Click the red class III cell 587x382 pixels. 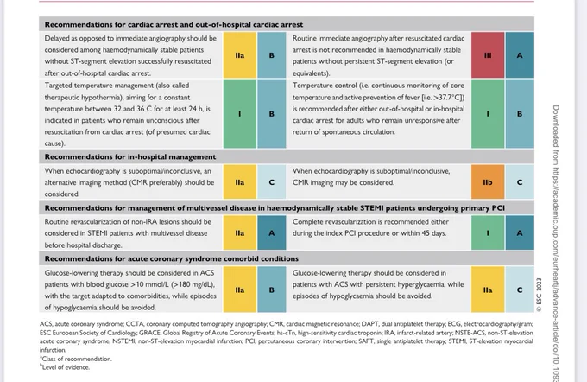pos(488,55)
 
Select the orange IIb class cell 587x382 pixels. pos(488,182)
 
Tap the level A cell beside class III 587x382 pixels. pos(520,55)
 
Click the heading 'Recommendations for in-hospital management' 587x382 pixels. pos(130,156)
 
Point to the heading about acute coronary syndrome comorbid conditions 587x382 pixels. pos(172,258)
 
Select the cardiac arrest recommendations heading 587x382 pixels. pos(174,25)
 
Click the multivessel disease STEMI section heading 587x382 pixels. pos(275,208)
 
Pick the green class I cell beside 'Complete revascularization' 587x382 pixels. pos(488,232)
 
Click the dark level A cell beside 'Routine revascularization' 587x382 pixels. pos(271,232)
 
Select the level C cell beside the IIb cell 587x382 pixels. pos(520,182)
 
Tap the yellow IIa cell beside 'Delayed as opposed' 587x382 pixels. pos(240,55)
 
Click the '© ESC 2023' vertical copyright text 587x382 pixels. pos(539,295)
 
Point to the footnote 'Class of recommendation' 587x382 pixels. pos(76,359)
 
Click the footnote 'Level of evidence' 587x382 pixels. pos(65,367)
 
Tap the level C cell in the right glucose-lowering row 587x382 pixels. pos(520,290)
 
